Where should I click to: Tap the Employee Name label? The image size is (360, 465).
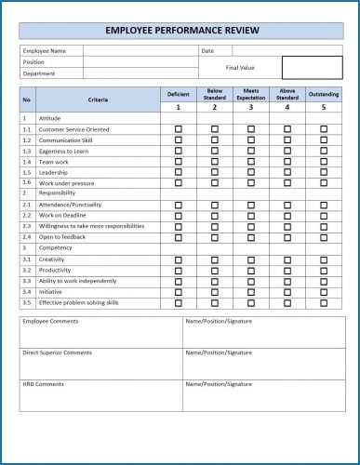(44, 50)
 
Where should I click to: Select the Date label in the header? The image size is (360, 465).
(207, 50)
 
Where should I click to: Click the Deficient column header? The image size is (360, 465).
(178, 94)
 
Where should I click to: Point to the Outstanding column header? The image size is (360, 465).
(324, 94)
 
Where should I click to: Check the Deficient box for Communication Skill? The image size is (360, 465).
(178, 139)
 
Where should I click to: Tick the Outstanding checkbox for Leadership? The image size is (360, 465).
(324, 172)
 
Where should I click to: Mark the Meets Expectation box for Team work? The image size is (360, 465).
(250, 161)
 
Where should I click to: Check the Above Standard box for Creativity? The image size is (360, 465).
(287, 259)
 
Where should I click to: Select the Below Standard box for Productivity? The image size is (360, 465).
(214, 270)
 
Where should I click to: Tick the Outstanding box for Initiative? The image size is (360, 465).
(324, 291)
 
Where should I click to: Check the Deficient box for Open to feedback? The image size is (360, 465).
(178, 236)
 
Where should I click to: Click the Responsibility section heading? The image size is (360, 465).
(58, 193)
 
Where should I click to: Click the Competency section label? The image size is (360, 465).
(55, 248)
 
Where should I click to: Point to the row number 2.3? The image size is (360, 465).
(27, 226)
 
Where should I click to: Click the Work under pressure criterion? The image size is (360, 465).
(67, 183)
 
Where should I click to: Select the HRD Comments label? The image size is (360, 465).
(42, 384)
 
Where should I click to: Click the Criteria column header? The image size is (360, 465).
(98, 100)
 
